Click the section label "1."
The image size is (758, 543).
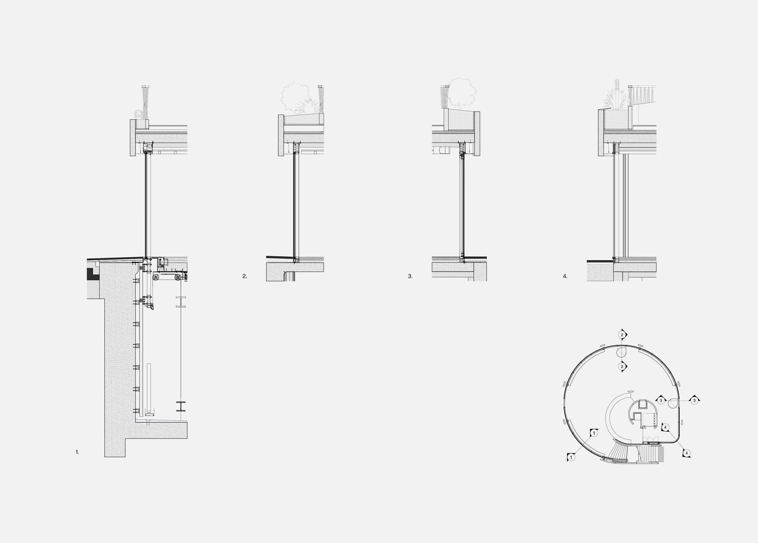click(77, 452)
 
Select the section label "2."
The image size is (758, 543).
click(245, 276)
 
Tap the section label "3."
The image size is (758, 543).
click(410, 276)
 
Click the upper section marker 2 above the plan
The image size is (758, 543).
click(622, 334)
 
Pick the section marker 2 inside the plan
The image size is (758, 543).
click(622, 366)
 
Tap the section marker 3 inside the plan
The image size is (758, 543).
click(661, 400)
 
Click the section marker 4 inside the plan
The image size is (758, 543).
click(665, 427)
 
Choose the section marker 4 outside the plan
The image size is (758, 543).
click(686, 453)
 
